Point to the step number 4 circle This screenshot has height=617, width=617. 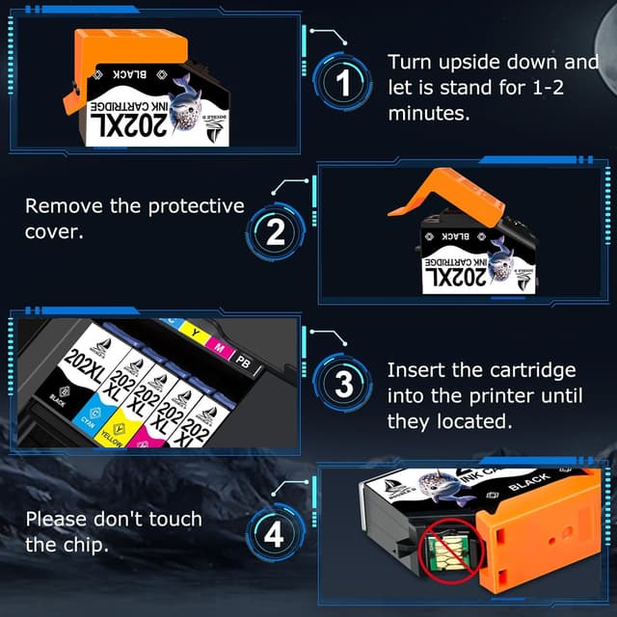click(x=275, y=532)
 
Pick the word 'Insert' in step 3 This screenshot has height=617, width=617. click(x=416, y=370)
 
